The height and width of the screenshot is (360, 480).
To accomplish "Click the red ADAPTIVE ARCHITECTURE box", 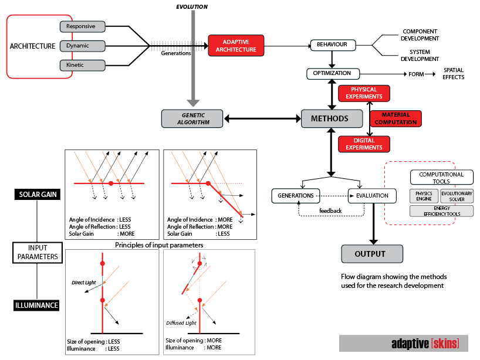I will [236, 46].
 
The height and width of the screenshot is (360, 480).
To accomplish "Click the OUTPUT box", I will [372, 254].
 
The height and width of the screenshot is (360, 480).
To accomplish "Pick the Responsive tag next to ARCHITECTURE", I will [82, 26].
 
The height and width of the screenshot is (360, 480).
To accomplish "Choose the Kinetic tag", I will [82, 65].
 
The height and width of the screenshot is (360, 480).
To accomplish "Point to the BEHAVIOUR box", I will [333, 45].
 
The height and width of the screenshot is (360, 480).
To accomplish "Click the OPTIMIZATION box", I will [332, 74].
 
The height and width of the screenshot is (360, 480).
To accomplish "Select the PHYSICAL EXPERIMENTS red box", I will [364, 93].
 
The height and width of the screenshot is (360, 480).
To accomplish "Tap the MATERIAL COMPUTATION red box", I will [396, 118].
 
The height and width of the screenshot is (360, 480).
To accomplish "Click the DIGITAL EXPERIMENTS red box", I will [364, 144].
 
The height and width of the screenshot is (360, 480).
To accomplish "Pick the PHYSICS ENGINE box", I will [424, 196].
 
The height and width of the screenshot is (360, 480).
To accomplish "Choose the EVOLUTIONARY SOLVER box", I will [457, 196].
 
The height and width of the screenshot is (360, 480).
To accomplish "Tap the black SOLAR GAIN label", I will [38, 194].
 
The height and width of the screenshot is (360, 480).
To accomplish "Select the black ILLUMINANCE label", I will [38, 305].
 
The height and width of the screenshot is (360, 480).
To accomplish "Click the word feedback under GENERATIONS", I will [330, 210].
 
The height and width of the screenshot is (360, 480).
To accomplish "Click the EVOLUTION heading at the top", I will [192, 6].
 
